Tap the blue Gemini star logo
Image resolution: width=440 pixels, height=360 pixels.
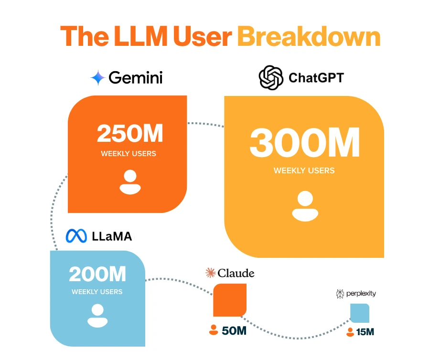[98, 78]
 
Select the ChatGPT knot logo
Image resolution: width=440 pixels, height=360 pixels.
[271, 78]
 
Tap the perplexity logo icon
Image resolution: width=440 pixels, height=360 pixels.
[341, 294]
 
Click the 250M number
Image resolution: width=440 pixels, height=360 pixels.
[130, 134]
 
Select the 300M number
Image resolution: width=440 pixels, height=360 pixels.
[304, 143]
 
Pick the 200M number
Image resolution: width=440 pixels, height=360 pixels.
[97, 274]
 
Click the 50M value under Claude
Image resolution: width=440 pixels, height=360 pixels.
[234, 330]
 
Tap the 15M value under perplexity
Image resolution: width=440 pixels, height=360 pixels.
[365, 331]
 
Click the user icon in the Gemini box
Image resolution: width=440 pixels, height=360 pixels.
[130, 182]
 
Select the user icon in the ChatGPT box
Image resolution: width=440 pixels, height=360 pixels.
[305, 206]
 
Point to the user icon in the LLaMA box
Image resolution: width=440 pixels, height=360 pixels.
[97, 316]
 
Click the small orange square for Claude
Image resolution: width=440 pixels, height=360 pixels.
[230, 299]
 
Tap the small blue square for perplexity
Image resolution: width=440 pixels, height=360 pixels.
[360, 313]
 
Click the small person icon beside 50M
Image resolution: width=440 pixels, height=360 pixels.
[213, 330]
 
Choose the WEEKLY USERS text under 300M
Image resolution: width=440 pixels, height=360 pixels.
[304, 170]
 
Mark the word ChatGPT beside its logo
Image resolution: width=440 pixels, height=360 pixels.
[316, 78]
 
